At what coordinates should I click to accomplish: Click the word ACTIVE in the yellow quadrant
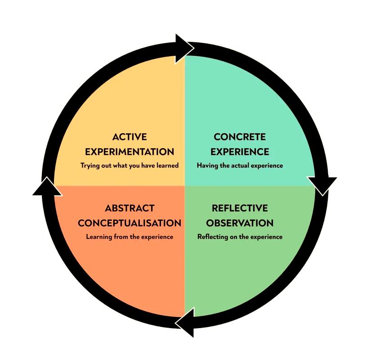pos(129,137)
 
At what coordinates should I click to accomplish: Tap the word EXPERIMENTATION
pos(129,151)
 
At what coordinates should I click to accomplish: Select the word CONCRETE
pos(240,137)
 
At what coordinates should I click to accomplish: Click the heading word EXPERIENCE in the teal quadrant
pos(240,151)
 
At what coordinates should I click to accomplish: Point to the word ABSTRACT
pos(129,208)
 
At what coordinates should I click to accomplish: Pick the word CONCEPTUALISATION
pos(129,223)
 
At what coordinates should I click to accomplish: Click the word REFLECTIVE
pos(240,208)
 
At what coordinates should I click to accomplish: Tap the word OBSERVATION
pos(240,223)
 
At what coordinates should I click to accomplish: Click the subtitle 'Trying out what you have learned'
pos(129,165)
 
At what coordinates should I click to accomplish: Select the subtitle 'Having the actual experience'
pos(240,165)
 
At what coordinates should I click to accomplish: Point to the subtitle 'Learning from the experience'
pos(129,237)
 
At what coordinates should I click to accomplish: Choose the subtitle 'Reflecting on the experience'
pos(240,237)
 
